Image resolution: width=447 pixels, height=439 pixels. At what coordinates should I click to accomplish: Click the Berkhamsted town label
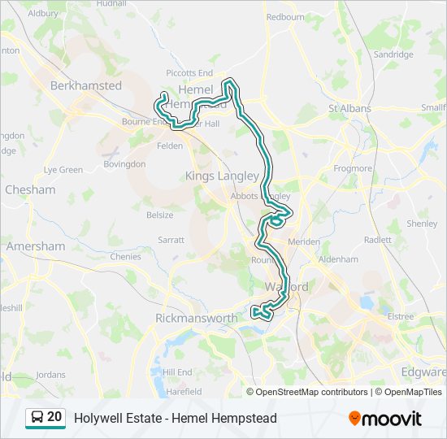(86, 85)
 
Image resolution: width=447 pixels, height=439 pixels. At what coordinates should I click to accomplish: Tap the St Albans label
(349, 108)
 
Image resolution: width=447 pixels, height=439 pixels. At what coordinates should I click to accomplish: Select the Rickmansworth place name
(196, 318)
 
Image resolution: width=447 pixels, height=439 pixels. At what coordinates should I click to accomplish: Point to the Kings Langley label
(222, 176)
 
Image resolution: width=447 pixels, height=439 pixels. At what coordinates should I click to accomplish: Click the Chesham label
(30, 189)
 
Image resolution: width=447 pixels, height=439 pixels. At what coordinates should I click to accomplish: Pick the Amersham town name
(35, 246)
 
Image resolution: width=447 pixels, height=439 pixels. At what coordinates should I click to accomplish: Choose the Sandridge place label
(393, 54)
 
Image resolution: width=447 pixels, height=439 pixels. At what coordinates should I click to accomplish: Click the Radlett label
(378, 240)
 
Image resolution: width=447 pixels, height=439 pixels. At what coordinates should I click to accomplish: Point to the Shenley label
(422, 224)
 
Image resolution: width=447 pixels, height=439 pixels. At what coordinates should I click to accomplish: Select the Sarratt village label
(171, 241)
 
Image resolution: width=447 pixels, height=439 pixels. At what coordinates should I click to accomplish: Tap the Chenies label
(125, 256)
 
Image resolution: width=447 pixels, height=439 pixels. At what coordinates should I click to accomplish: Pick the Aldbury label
(43, 14)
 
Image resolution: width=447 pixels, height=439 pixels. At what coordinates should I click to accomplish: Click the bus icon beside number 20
(37, 417)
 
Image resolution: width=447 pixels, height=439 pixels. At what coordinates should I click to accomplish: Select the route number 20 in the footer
(54, 417)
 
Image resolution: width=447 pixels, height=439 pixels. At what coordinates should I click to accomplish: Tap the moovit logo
(385, 419)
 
